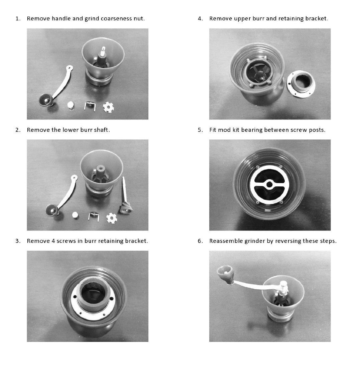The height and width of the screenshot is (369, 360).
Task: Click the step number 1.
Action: tap(17, 19)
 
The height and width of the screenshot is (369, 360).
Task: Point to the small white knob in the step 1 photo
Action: tap(71, 105)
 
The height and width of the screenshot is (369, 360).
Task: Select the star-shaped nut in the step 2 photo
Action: tap(112, 218)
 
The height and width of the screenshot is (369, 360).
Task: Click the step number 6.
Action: tap(200, 241)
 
